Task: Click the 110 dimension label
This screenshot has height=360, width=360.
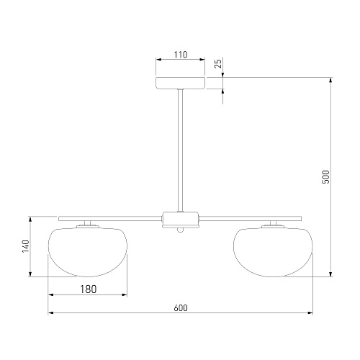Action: point(181,55)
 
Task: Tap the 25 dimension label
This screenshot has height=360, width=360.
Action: point(218,63)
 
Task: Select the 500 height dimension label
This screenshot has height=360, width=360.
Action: point(325,177)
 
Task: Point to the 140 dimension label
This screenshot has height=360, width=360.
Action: point(26,246)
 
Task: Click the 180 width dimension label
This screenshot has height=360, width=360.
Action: point(88,289)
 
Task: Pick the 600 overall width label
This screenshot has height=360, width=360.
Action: point(181,308)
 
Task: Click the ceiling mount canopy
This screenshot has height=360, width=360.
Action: point(181,83)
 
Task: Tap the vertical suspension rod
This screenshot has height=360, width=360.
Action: point(180,150)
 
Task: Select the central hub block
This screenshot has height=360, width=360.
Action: point(181,220)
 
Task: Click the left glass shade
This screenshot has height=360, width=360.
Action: point(88,252)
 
